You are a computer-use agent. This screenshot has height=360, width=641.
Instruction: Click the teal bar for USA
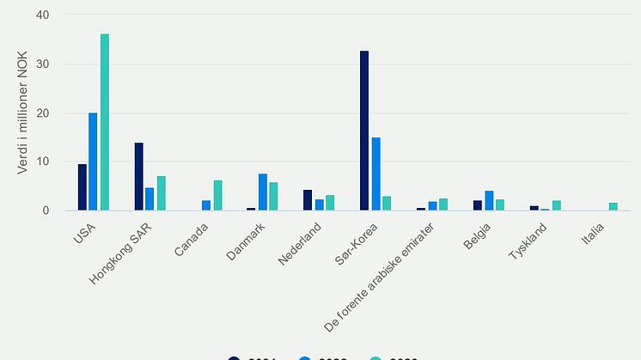[x=105, y=122]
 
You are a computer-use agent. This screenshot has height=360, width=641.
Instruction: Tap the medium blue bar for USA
[x=93, y=162]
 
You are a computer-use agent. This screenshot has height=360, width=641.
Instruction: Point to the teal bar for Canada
[x=217, y=195]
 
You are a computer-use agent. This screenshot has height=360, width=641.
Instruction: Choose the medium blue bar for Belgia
[x=488, y=200]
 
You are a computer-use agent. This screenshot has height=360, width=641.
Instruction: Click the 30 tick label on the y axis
[x=43, y=64]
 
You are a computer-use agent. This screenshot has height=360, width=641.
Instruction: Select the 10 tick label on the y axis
[x=43, y=162]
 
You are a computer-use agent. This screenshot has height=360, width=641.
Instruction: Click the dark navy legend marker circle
[x=234, y=358]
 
